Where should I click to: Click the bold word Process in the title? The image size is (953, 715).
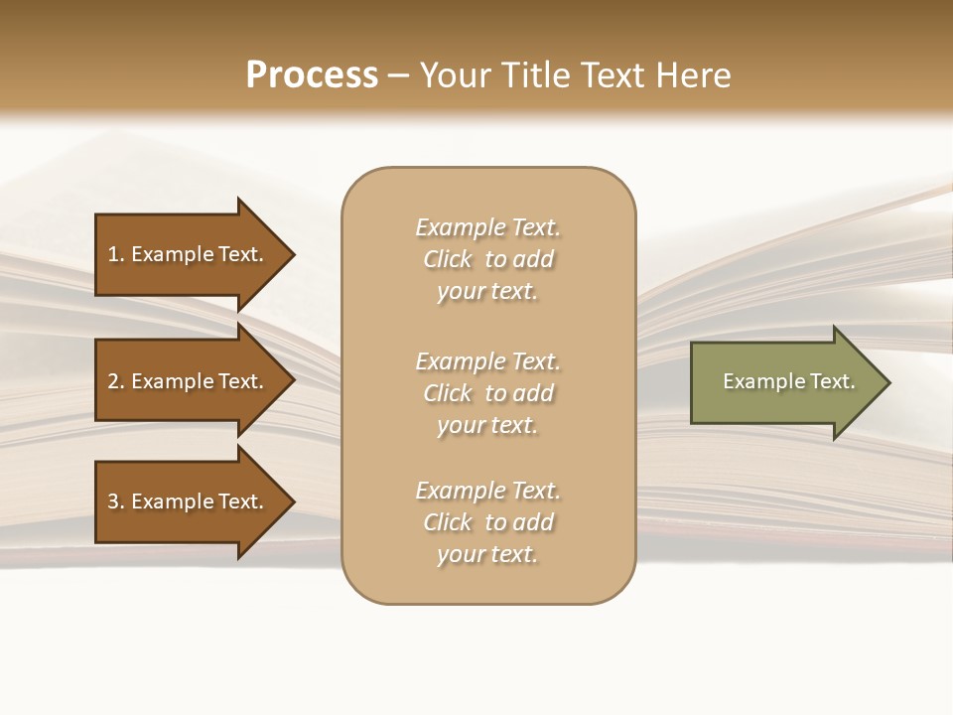[312, 75]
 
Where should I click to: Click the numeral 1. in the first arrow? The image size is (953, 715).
[116, 254]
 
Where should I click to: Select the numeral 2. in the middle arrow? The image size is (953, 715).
[116, 381]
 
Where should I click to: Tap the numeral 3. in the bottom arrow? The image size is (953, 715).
[116, 501]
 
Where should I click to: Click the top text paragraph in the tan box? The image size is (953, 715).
[487, 259]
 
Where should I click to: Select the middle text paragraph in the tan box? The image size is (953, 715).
[487, 393]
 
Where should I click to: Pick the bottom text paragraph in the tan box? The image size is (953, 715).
[487, 522]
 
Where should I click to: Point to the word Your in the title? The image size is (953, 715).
[456, 75]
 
